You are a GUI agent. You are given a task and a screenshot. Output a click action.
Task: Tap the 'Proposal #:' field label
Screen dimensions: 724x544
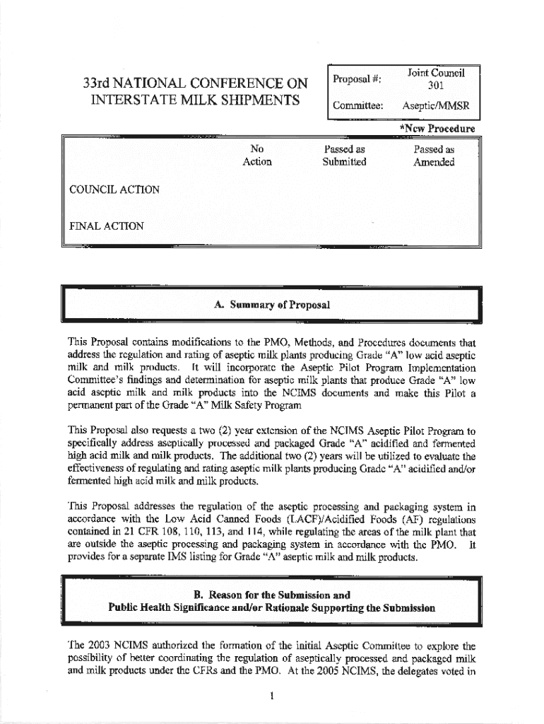357,79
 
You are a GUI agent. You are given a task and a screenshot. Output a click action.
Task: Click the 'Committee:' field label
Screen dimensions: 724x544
360,105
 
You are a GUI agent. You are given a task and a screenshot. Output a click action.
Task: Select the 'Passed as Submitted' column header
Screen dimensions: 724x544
344,156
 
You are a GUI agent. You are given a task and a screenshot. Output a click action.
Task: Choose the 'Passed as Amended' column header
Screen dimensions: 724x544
434,156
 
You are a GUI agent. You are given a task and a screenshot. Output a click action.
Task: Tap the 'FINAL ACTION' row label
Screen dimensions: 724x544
107,226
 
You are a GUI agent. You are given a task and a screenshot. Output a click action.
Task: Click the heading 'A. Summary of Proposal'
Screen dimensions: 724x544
271,305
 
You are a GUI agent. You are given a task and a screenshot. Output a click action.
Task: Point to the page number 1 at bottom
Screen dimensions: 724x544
271,696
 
